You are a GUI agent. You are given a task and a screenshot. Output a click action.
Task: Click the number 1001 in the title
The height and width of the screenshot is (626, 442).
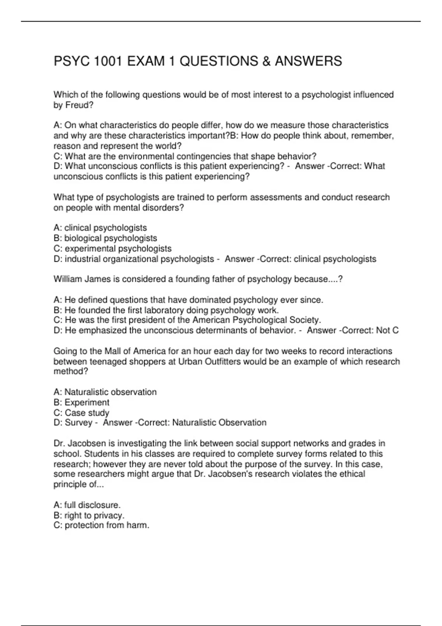click(108, 61)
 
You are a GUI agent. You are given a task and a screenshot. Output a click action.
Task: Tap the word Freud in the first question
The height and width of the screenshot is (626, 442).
click(77, 105)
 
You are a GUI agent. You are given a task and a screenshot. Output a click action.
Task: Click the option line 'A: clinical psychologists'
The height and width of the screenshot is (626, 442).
click(100, 228)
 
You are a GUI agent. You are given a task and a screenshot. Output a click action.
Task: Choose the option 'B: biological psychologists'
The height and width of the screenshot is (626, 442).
click(105, 238)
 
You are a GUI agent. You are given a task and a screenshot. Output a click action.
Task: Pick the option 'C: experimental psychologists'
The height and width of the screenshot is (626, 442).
click(112, 249)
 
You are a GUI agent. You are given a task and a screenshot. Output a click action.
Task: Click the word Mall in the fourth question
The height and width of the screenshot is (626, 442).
click(113, 351)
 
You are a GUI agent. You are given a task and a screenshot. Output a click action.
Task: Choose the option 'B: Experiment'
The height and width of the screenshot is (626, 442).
click(81, 402)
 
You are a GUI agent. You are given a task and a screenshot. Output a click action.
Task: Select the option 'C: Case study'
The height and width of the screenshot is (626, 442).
click(81, 413)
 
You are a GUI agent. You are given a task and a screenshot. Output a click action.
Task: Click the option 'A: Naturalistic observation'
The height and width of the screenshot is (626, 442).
click(105, 392)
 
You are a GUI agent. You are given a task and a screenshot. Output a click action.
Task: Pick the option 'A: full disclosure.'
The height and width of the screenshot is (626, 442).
click(87, 505)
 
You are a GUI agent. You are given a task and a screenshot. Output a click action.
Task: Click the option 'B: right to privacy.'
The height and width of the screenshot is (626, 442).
click(89, 515)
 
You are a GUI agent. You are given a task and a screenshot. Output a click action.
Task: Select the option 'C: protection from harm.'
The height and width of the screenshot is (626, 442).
click(101, 525)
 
